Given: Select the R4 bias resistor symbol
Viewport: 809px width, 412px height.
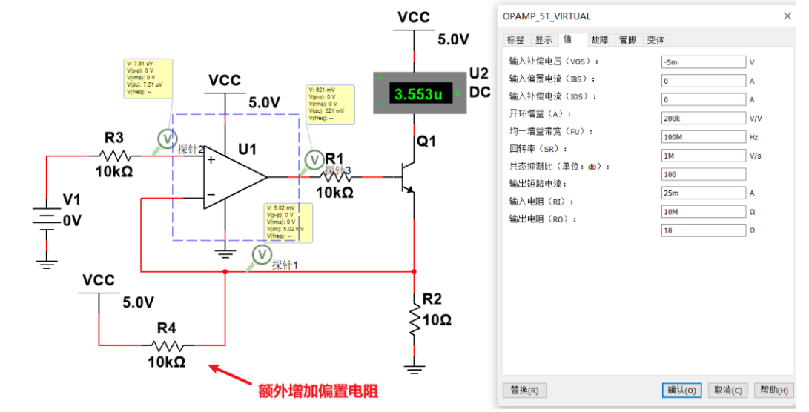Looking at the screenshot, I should click(172, 345).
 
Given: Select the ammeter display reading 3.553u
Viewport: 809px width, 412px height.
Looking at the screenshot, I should click(418, 94).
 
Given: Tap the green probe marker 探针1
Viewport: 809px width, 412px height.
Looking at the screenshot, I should click(260, 255).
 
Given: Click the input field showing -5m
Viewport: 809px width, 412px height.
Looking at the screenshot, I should click(703, 62).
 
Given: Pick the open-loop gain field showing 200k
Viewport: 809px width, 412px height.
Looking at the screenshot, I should click(703, 118).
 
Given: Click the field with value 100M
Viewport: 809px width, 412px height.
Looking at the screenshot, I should click(703, 137).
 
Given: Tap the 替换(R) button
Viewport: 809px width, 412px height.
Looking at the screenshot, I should click(525, 390).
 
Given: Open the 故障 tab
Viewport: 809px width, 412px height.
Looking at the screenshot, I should click(599, 40).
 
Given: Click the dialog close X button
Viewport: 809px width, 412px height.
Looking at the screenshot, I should click(787, 16).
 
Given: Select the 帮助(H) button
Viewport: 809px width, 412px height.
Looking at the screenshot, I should click(773, 390).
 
